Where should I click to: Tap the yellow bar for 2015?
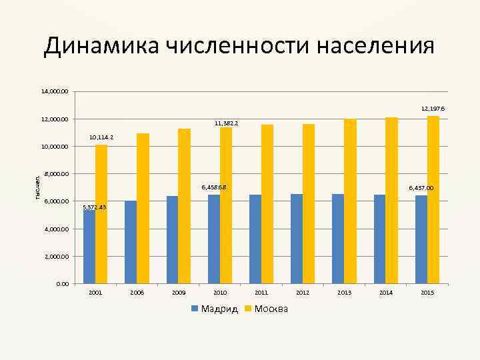click(433, 200)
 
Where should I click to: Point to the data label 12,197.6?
click(433, 108)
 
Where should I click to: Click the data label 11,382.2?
click(226, 123)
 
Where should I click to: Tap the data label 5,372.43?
click(94, 207)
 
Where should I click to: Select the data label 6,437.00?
click(421, 188)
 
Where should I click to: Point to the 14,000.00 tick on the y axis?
click(54, 91)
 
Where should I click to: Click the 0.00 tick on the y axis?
click(62, 284)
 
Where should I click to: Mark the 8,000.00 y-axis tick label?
click(55, 174)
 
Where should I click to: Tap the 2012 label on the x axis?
click(303, 293)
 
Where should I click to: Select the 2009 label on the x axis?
click(179, 293)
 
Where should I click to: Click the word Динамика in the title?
click(101, 47)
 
